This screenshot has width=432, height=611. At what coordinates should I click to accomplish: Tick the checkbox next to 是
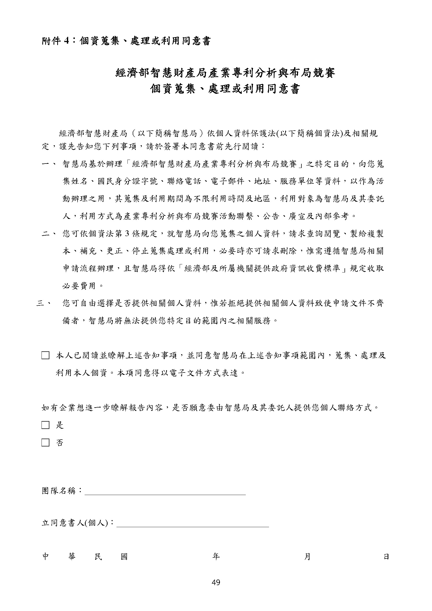point(45,425)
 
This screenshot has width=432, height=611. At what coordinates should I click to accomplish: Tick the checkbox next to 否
point(45,443)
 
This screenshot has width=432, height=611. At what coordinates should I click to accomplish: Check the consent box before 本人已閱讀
point(45,356)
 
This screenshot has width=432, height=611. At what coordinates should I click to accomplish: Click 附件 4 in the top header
point(56,41)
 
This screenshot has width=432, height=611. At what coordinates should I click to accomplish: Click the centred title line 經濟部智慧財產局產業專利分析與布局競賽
point(225,73)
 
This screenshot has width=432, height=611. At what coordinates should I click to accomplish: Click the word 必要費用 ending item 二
point(79,286)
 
